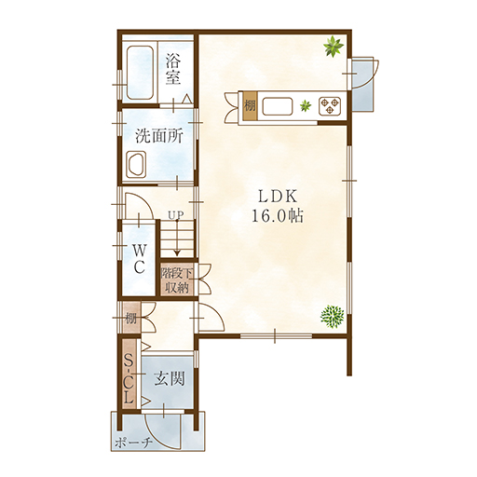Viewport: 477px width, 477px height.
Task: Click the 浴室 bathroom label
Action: (172, 69)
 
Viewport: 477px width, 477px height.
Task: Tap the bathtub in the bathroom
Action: (140, 73)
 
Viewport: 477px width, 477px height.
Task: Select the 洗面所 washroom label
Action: (159, 136)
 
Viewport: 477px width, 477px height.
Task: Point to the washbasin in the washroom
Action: (136, 165)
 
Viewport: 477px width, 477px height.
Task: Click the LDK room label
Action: (279, 197)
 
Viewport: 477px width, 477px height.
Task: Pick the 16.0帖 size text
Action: (278, 215)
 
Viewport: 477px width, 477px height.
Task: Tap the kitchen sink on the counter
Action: (278, 106)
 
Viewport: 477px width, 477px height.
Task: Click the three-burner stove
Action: (330, 105)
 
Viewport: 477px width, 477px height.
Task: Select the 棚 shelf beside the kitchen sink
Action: (250, 106)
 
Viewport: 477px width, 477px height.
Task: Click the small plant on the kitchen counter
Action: (306, 106)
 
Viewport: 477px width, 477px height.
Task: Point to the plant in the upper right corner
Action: (334, 47)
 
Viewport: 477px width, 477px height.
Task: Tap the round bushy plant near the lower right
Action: (333, 317)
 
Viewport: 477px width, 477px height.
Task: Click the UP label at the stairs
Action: (176, 214)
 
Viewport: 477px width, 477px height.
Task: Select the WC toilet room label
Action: (139, 258)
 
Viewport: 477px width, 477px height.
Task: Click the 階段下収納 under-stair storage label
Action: (176, 280)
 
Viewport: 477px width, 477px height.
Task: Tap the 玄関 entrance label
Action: (170, 379)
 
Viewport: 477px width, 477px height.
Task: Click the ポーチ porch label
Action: (134, 443)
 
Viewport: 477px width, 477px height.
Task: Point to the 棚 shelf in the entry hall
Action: (131, 318)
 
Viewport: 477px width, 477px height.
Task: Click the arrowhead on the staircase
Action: (177, 252)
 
